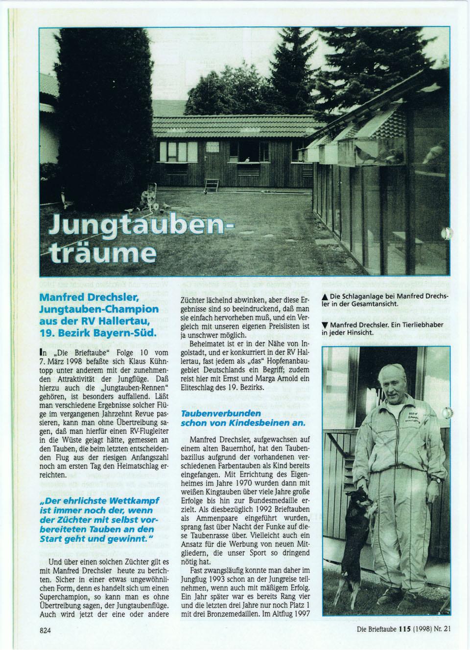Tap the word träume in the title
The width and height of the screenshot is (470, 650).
(103, 253)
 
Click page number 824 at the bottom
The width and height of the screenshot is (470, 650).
(45, 630)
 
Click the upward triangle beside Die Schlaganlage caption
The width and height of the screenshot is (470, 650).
(325, 297)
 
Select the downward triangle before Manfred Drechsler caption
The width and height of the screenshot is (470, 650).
(325, 325)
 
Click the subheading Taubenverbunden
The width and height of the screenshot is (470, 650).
(221, 413)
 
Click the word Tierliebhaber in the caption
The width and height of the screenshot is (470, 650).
(421, 325)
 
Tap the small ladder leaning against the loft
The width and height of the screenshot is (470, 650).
(211, 185)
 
